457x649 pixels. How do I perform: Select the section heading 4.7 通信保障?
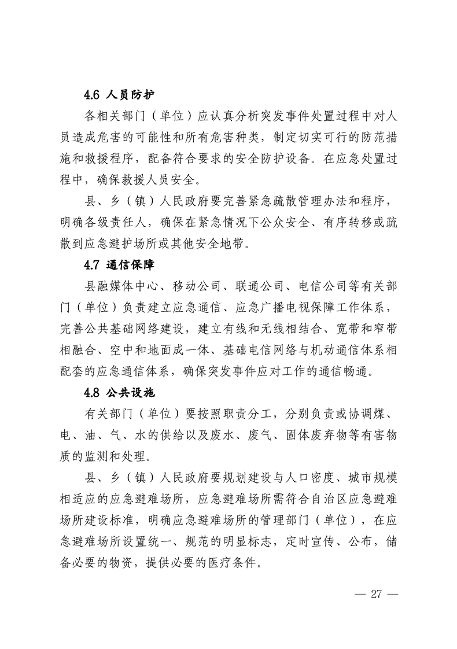coord(118,265)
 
